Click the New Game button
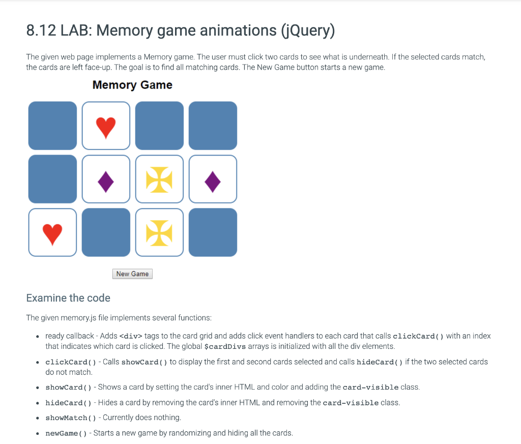tap(132, 274)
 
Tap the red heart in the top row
tap(106, 127)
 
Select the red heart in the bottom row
tap(52, 233)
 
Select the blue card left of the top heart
tap(52, 126)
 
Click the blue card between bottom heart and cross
tap(106, 232)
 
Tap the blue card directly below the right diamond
tap(213, 232)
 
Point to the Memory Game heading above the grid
tap(132, 85)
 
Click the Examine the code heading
tap(68, 298)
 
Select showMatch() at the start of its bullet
tap(70, 418)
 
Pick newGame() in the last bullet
tap(66, 433)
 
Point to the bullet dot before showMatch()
tap(38, 418)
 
